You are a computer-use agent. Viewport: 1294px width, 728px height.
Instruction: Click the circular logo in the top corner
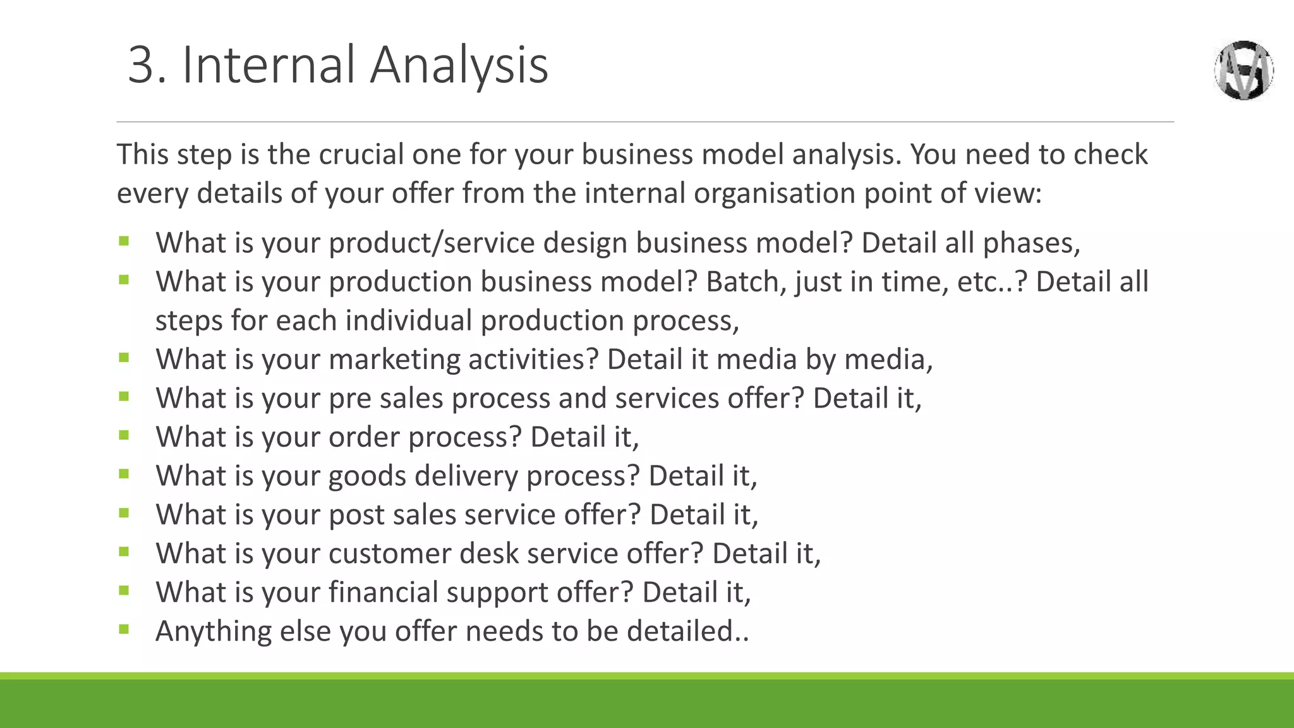point(1243,70)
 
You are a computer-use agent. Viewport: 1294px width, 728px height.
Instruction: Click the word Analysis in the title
point(459,65)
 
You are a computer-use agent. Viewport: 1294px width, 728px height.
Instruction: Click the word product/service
point(432,243)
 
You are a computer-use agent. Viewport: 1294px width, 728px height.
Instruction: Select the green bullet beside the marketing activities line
point(124,358)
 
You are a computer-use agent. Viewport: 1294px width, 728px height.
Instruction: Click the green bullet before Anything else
point(124,629)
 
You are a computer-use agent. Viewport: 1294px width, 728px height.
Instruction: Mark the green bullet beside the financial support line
point(124,590)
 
